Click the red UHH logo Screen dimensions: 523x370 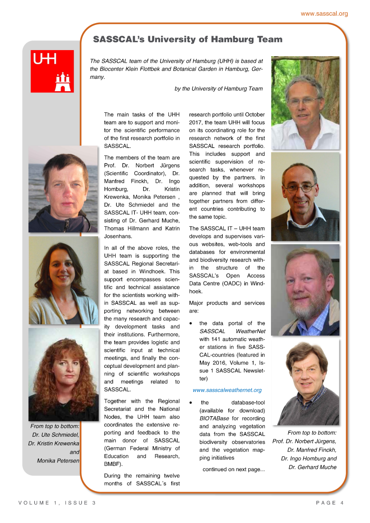(52, 71)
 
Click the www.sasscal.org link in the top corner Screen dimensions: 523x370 (324, 14)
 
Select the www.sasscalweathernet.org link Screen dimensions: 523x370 (227, 390)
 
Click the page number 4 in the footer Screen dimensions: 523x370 (342, 503)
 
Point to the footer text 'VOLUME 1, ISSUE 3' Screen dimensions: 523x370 (57, 503)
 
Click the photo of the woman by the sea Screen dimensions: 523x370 (63, 189)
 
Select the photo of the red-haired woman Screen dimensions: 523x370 (63, 374)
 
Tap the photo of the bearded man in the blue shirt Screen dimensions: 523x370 (305, 289)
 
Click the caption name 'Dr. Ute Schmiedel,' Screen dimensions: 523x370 (55, 435)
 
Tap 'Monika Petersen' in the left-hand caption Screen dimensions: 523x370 (58, 461)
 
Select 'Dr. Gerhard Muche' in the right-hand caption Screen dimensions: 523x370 (312, 467)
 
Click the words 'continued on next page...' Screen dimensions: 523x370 (233, 469)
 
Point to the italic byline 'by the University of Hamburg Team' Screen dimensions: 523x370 (219, 88)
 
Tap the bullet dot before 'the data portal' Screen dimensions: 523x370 (191, 324)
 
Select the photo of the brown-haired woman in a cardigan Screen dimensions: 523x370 (63, 280)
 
